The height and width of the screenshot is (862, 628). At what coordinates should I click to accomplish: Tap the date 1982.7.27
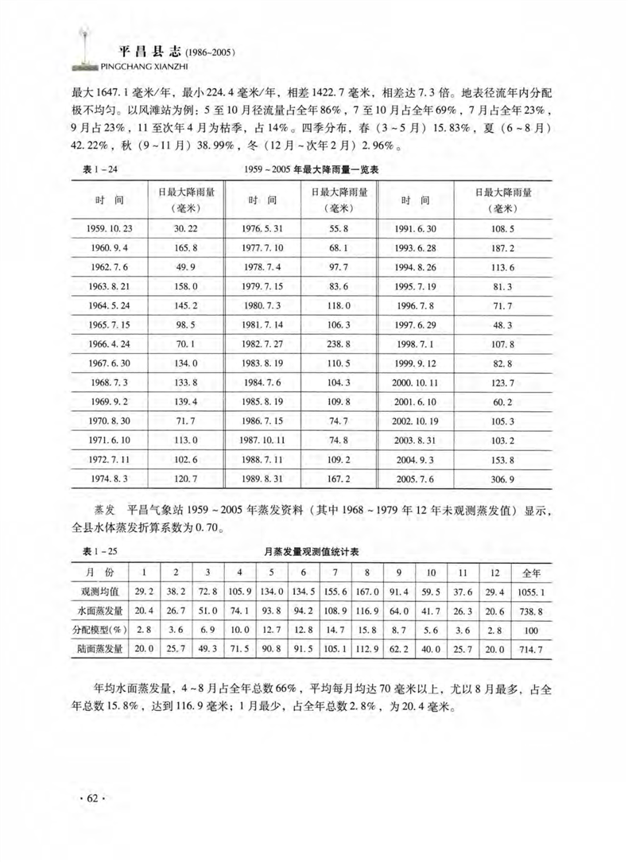[x=262, y=343]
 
